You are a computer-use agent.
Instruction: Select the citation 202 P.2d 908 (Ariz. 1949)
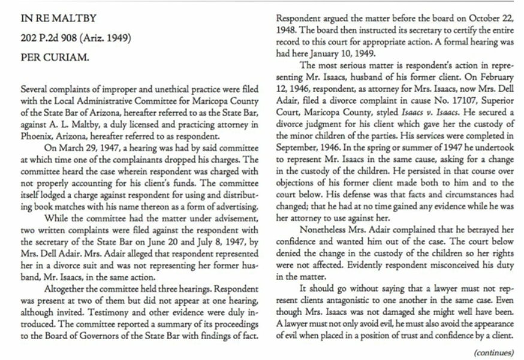tap(76, 40)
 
